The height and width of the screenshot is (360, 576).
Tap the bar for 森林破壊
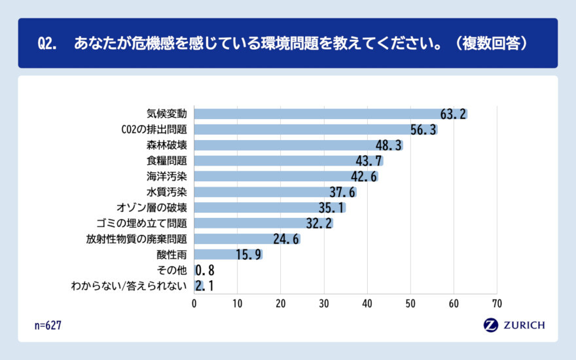[298, 145]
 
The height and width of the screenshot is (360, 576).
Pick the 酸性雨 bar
[228, 255]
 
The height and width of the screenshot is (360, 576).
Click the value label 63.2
[453, 115]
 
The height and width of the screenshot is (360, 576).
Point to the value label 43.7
[369, 161]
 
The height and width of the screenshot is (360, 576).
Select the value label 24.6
[286, 240]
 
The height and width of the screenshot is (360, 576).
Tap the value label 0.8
[206, 270]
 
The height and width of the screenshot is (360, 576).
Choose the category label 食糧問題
[167, 161]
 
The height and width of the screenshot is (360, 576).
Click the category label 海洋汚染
[167, 177]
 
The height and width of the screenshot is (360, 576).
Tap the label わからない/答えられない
[129, 286]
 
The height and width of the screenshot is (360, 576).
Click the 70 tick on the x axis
[497, 304]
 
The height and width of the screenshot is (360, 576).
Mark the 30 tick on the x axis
[324, 304]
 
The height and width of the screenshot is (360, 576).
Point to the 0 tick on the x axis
[194, 304]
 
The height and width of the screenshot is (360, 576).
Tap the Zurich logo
[514, 325]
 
